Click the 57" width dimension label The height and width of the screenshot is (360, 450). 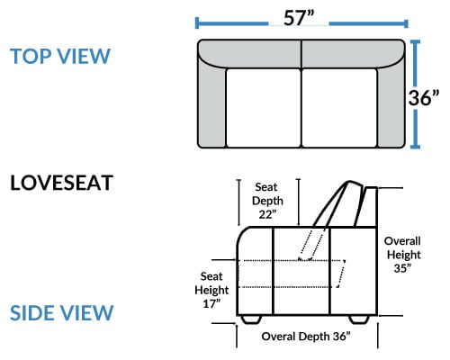pos(299,18)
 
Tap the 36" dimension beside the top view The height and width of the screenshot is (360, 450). pos(424,97)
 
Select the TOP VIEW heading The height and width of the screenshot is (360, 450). pos(60,56)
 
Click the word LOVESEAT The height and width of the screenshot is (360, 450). pos(61,183)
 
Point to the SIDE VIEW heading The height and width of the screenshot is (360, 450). pos(61,312)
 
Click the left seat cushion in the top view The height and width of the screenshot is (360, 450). pos(264,108)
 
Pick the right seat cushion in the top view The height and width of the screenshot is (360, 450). pos(339,108)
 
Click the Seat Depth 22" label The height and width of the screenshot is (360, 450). pos(267,201)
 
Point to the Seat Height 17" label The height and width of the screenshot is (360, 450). pos(211,290)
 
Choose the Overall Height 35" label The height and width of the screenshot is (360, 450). pos(402,255)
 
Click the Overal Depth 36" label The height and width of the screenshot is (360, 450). pos(306,337)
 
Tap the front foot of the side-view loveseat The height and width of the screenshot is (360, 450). pos(251,319)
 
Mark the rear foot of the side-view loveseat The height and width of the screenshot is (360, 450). pos(359,319)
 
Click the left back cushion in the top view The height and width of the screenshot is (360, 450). pos(250,53)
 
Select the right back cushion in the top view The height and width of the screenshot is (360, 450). pos(353,53)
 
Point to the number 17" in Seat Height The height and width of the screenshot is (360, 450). pos(211,304)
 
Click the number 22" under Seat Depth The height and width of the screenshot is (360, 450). pos(267,215)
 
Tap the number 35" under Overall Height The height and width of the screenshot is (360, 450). pos(402,268)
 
